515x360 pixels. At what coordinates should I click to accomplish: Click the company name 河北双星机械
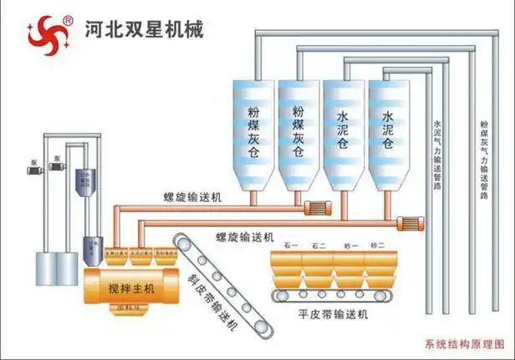point(144,28)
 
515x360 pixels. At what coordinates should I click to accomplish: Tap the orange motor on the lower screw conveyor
point(410,222)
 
